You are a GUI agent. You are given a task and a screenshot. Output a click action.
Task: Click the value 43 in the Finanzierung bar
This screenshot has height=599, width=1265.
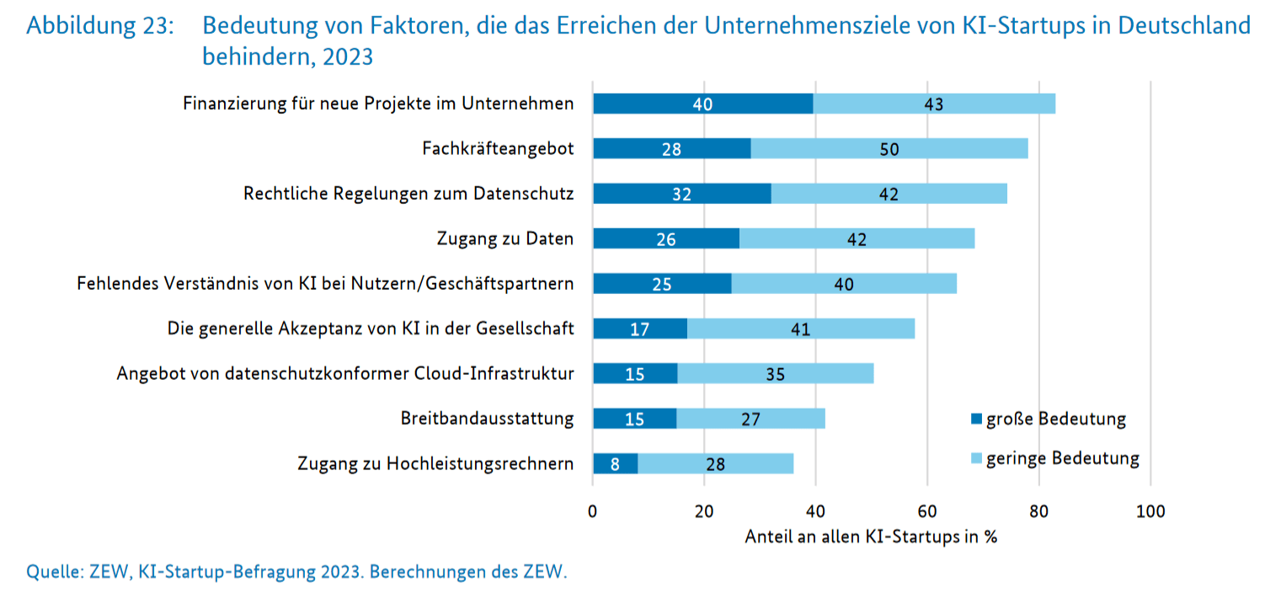click(932, 104)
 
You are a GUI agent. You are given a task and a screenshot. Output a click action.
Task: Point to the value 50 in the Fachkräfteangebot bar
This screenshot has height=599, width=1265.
click(889, 149)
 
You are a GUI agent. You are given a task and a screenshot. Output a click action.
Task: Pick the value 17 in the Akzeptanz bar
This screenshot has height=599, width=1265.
click(640, 329)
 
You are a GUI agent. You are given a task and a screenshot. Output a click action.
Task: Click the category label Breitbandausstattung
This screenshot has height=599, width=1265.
click(487, 419)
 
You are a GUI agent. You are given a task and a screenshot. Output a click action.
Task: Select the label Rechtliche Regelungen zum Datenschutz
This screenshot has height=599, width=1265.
click(408, 194)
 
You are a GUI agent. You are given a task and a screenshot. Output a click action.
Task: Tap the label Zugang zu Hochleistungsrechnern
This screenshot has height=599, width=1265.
click(435, 463)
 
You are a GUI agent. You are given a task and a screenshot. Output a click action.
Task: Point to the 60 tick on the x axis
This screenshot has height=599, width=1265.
click(927, 511)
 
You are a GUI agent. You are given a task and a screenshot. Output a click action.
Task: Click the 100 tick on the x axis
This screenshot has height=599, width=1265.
click(1150, 511)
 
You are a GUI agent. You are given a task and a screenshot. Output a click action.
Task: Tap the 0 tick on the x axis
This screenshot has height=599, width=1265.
click(593, 511)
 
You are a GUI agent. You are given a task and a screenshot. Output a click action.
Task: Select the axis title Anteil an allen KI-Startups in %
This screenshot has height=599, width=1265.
click(871, 537)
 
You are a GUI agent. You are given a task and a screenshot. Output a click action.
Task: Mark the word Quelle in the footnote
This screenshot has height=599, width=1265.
click(55, 573)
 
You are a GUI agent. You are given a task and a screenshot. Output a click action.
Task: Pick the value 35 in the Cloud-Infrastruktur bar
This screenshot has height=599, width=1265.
click(775, 374)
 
